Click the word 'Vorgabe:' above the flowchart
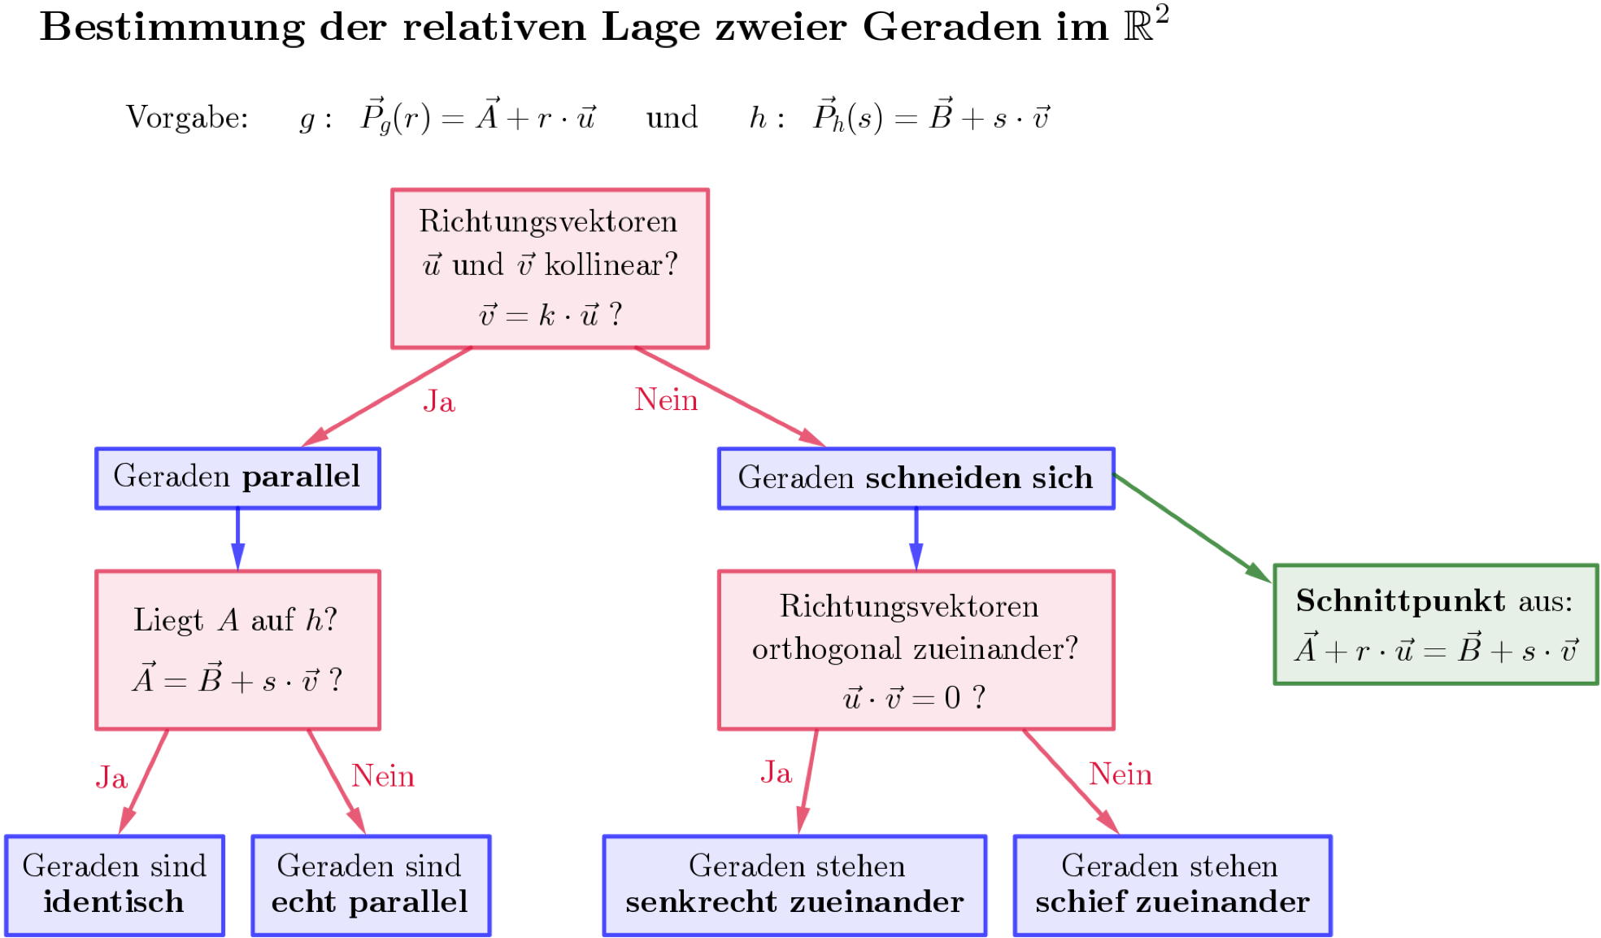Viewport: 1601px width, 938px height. click(x=187, y=118)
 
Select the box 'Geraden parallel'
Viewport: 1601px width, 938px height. click(x=237, y=478)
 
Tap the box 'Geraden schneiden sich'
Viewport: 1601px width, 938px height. click(x=916, y=478)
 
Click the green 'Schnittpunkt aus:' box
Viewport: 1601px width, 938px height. click(x=1435, y=625)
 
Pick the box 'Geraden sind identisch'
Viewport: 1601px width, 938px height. click(x=115, y=885)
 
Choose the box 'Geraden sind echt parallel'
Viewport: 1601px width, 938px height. click(x=371, y=885)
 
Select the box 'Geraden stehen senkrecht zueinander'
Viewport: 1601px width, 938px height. click(x=794, y=885)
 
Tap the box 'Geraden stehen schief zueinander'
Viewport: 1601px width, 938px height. click(x=1172, y=885)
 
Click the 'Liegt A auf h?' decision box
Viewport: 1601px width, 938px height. click(x=237, y=650)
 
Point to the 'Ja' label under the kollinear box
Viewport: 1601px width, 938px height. click(x=439, y=402)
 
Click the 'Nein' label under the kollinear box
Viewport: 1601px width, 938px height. click(x=666, y=400)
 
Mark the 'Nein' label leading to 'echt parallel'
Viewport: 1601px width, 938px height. click(x=383, y=777)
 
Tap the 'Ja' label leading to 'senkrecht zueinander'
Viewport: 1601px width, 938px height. click(x=776, y=773)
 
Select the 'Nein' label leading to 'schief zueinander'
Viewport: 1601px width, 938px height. click(x=1120, y=774)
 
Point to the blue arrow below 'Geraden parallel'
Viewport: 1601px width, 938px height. click(x=237, y=539)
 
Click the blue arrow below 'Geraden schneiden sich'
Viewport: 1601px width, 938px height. click(x=916, y=539)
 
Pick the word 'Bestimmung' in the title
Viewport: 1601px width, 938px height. click(x=172, y=28)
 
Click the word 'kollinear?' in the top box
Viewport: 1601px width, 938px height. click(x=611, y=265)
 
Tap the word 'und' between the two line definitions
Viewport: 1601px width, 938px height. click(x=672, y=118)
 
